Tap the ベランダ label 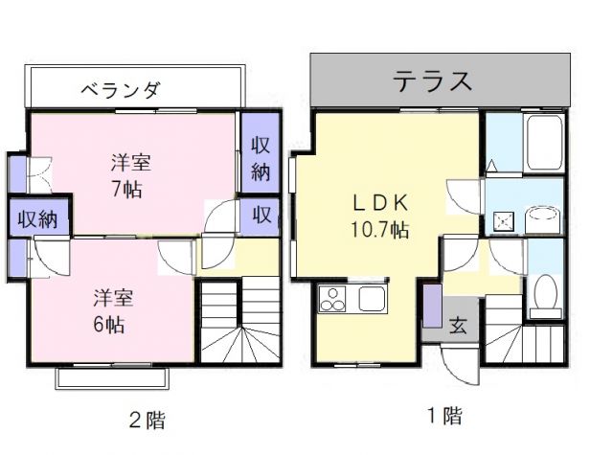click(120, 92)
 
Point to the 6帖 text click(108, 322)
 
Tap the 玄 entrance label click(459, 324)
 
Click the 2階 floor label click(152, 418)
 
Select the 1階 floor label click(443, 416)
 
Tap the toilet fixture click(547, 294)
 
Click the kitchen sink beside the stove click(372, 299)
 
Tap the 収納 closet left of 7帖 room click(35, 217)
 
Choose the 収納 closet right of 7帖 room click(260, 158)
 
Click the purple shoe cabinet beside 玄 click(433, 307)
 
